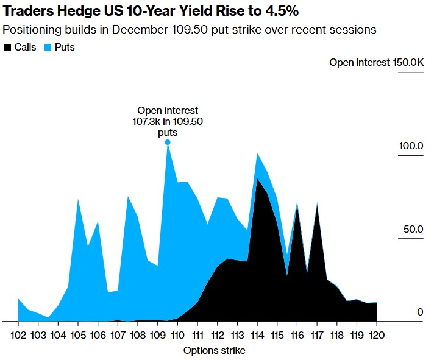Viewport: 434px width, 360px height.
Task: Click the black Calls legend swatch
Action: [x=7, y=48]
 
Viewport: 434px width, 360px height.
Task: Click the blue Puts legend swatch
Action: [x=48, y=48]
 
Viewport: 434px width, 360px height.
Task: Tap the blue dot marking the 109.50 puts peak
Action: [x=168, y=143]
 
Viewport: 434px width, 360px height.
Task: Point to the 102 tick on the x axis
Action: [x=18, y=336]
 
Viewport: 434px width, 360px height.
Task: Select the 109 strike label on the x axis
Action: [x=157, y=336]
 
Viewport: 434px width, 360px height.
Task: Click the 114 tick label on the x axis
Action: [x=257, y=336]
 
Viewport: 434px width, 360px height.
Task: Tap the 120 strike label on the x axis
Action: [x=377, y=336]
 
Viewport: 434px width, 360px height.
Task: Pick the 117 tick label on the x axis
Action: [x=317, y=336]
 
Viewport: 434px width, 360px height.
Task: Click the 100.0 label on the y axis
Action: [x=411, y=146]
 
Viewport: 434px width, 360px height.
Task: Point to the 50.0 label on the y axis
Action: [x=413, y=229]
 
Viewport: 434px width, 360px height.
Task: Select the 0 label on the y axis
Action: [x=420, y=312]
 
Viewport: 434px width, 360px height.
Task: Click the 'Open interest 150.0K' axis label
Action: [x=377, y=63]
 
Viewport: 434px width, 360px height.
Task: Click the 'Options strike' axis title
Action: [x=214, y=351]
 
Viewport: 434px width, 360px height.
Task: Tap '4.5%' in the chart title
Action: [x=282, y=12]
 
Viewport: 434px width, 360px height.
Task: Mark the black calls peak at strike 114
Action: [x=257, y=178]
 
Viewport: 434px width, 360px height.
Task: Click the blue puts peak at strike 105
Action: [x=78, y=199]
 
